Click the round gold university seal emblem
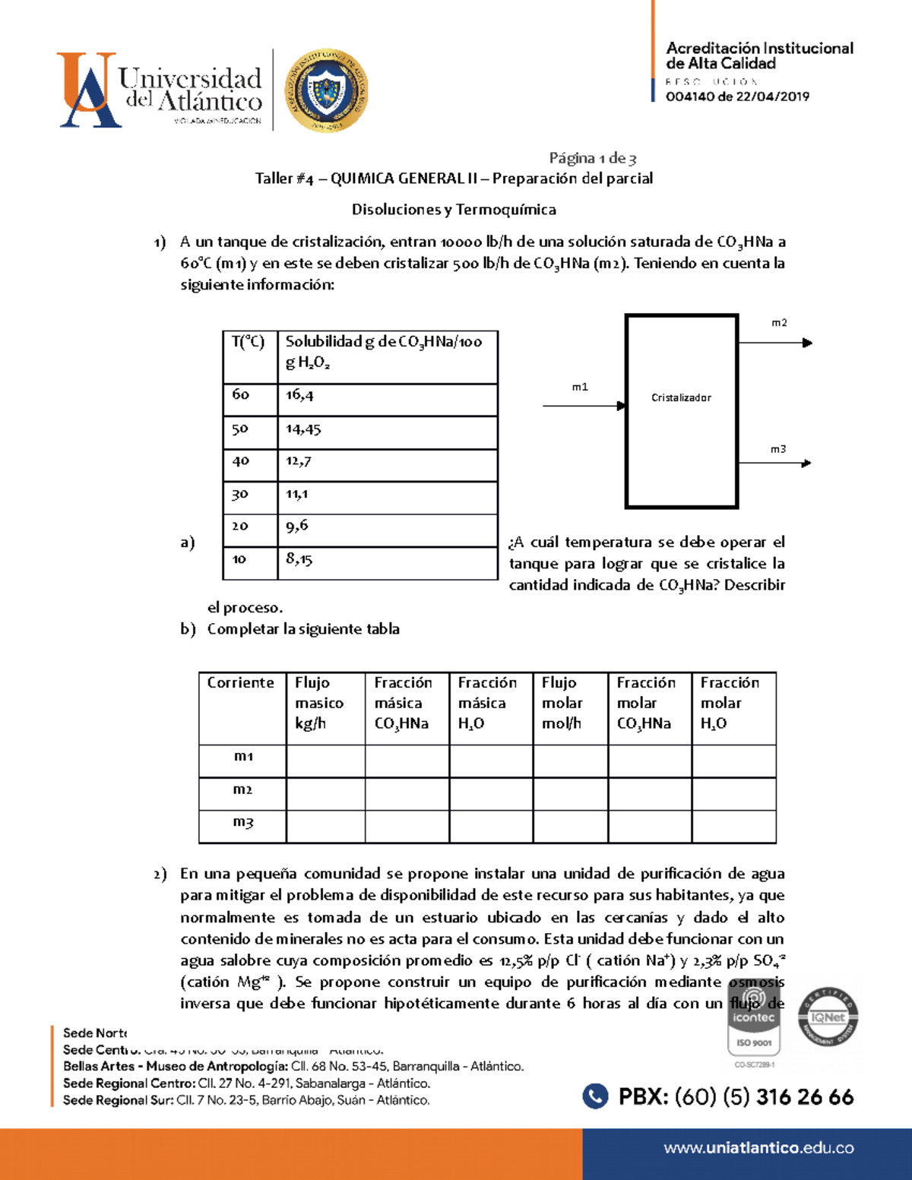click(326, 91)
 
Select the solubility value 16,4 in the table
click(299, 395)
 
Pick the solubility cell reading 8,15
click(299, 559)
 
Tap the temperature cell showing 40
click(240, 461)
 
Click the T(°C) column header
click(248, 342)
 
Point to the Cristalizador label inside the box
click(681, 397)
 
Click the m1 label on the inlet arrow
click(580, 387)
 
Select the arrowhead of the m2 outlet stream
click(807, 343)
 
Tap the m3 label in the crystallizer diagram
click(778, 449)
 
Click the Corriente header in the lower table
click(241, 682)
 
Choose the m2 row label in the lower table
click(242, 789)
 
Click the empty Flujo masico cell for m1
click(325, 761)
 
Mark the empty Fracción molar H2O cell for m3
click(733, 826)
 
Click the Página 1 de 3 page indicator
click(593, 158)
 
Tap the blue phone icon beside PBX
click(595, 1096)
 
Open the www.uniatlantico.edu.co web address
click(758, 1148)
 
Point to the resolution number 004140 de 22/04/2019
click(737, 96)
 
